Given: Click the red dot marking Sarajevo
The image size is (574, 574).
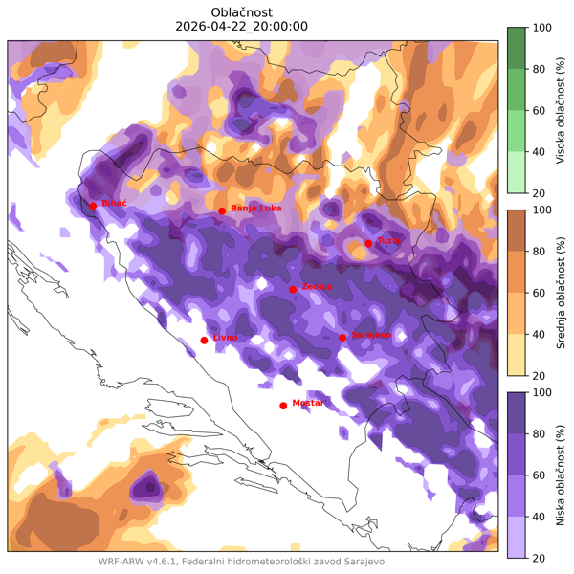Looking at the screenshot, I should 342,337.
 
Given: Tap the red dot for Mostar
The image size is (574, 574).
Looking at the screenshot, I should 283,406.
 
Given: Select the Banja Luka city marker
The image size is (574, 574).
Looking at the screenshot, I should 222,210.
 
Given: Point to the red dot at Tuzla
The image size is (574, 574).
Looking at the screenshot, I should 368,243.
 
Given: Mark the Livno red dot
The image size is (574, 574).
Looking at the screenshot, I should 204,341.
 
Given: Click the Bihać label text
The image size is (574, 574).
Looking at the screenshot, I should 115,204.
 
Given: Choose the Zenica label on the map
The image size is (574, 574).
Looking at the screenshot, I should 317,286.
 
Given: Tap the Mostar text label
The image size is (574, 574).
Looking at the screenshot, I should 308,403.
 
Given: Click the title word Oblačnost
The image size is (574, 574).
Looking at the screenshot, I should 241,11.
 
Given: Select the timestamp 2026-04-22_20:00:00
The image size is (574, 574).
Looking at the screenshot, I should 241,26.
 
